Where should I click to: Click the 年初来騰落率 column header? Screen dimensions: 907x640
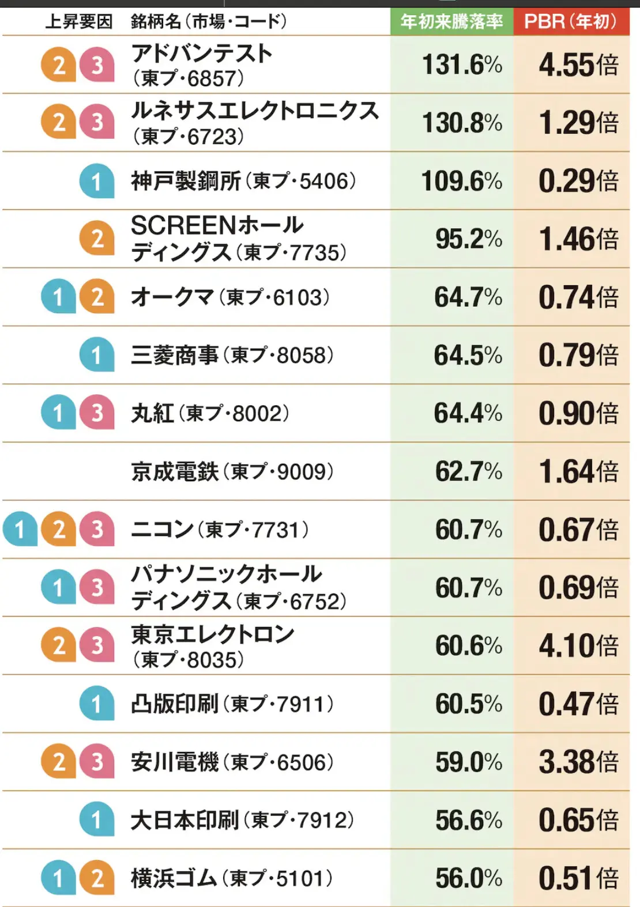451,22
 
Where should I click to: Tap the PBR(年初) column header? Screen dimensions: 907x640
570,22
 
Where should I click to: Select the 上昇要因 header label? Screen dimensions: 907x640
79,22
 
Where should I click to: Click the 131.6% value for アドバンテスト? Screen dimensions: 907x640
462,65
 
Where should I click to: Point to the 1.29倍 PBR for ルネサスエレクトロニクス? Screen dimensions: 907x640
578,123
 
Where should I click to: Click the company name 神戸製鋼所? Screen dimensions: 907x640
185,181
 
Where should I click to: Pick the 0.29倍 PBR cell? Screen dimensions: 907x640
578,181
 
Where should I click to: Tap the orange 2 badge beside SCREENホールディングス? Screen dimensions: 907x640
97,239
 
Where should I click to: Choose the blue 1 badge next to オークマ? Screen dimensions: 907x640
58,297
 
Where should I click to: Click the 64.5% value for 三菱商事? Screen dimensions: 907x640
468,356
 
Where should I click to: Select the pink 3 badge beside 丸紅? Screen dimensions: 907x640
97,413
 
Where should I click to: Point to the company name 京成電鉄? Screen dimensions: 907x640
175,472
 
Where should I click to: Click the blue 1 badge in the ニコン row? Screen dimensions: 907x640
20,530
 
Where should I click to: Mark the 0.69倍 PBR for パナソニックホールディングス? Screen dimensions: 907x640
578,588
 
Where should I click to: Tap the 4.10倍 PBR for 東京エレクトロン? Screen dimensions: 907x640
578,645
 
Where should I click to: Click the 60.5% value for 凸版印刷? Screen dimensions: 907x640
468,704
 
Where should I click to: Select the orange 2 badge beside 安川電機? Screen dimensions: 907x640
58,762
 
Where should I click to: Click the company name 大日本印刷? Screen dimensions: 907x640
185,820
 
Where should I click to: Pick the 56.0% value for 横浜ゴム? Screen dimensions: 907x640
468,879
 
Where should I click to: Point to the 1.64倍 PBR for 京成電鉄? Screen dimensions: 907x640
578,472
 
